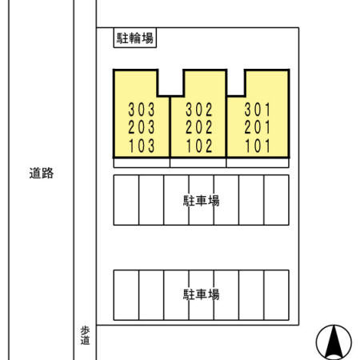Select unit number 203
pyautogui.click(x=141, y=127)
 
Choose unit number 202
pyautogui.click(x=198, y=127)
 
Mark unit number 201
pyautogui.click(x=258, y=127)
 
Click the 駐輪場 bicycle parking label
pyautogui.click(x=134, y=38)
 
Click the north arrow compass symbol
pyautogui.click(x=334, y=342)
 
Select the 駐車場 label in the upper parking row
pyautogui.click(x=201, y=201)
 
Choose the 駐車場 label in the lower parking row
pyautogui.click(x=201, y=294)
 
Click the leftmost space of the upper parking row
pyautogui.click(x=126, y=200)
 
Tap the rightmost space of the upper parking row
pyautogui.click(x=276, y=200)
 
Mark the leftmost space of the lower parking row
pyautogui.click(x=126, y=294)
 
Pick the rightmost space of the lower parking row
pyautogui.click(x=276, y=294)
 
